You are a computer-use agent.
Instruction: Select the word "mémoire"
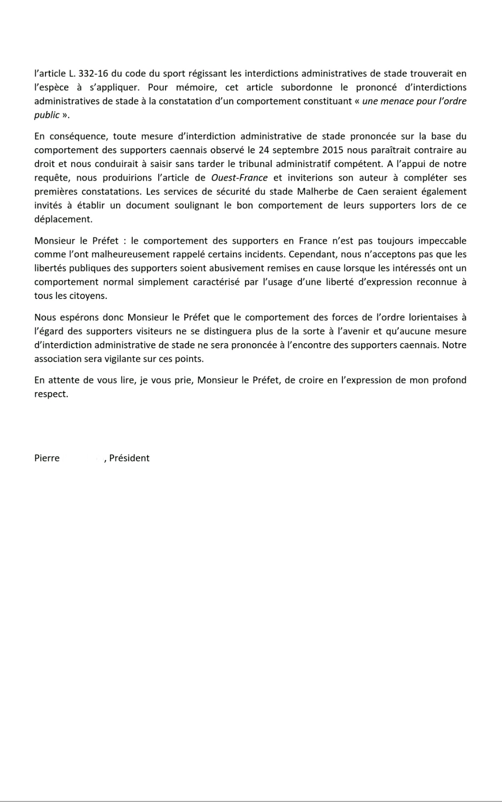[x=193, y=88]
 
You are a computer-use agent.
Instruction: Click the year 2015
[x=333, y=150]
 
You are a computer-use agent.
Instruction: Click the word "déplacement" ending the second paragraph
[x=63, y=219]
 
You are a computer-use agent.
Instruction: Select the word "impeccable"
[x=442, y=241]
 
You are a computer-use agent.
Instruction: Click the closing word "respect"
[x=50, y=394]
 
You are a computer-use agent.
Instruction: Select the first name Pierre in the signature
[x=47, y=458]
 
